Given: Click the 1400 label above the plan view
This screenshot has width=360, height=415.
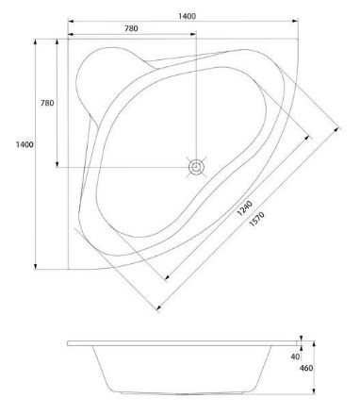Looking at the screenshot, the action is coord(187,16).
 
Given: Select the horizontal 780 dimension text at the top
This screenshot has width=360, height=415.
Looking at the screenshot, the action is coord(131,28).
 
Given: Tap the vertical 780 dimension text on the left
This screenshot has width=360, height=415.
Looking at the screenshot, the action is coord(47,103).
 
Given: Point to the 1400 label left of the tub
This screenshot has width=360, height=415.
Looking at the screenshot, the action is coord(25,144).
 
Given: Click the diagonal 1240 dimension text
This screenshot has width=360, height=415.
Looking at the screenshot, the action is coord(245,208).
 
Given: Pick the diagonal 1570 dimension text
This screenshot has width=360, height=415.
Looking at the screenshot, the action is coord(256,219).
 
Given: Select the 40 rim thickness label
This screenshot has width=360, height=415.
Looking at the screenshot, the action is coord(295,357).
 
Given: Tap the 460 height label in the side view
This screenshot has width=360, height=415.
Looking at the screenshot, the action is coord(306,368).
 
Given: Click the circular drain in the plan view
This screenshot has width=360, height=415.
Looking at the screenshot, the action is coord(196,167).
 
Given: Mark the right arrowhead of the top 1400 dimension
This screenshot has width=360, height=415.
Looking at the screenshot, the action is coord(295,21).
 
